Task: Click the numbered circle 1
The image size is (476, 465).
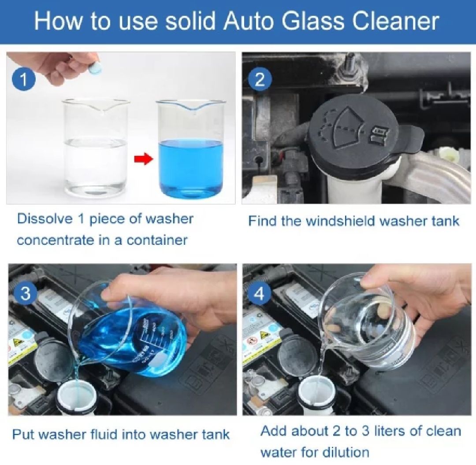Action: pos(23,79)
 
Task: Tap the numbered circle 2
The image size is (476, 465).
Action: pos(260,79)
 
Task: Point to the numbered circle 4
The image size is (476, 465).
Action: pos(259,293)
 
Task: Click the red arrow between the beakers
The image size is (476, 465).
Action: pos(143,159)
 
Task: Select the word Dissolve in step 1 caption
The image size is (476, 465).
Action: pos(45,219)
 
